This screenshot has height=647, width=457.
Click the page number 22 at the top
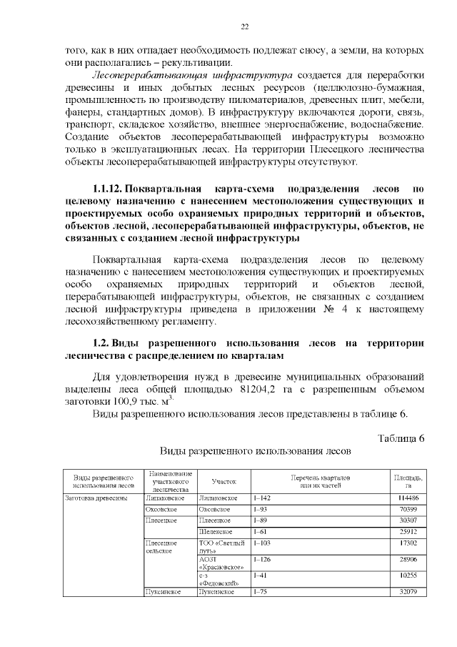coord(244,27)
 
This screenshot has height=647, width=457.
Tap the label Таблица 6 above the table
coord(400,438)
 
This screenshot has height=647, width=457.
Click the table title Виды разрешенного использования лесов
coord(256,453)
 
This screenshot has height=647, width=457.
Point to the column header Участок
coord(223,481)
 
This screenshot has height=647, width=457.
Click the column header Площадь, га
coord(408,481)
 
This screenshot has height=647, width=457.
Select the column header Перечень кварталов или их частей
coord(319,481)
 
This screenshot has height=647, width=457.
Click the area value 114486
coord(408,498)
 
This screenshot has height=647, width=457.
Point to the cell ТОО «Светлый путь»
coord(221,548)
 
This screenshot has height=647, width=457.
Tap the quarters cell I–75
coord(261,592)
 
